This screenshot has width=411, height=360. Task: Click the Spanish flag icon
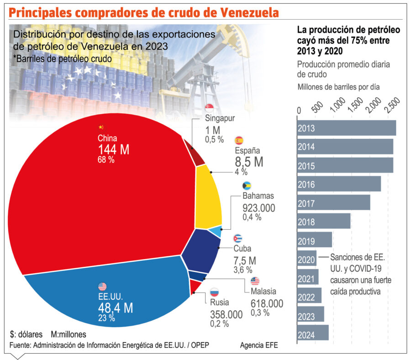[239, 140]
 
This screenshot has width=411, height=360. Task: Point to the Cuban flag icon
[237, 238]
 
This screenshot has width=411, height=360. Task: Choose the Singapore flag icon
[210, 108]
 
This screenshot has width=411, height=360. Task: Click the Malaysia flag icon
[255, 281]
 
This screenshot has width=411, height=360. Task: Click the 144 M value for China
[114, 149]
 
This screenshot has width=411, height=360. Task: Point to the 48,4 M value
[115, 307]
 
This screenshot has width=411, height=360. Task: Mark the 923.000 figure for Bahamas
[259, 208]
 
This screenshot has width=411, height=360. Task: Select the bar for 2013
[346, 128]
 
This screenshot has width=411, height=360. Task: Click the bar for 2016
[339, 184]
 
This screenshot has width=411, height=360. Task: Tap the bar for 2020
[306, 259]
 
